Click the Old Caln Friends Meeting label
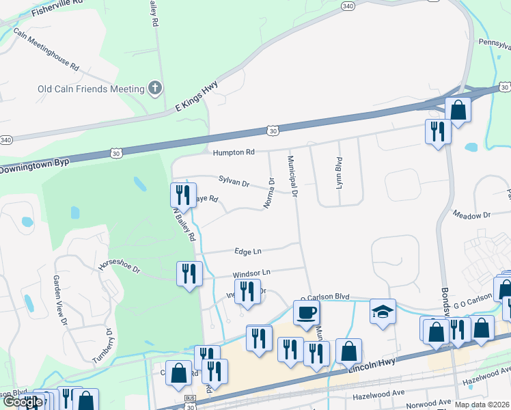(x=91, y=89)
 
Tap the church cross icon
(x=156, y=88)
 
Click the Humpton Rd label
(x=233, y=152)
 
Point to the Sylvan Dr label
(x=234, y=182)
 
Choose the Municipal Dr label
(x=292, y=176)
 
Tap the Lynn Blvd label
(x=339, y=173)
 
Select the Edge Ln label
(x=248, y=251)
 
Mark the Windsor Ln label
(x=251, y=273)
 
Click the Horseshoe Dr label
(x=119, y=266)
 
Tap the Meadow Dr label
(x=471, y=215)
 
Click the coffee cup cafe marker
(x=306, y=312)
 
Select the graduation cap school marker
(x=383, y=312)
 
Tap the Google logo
(x=22, y=402)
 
